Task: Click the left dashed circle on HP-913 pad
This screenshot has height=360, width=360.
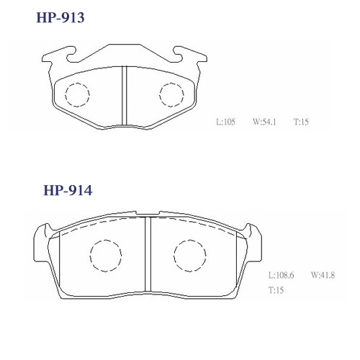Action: (x=77, y=95)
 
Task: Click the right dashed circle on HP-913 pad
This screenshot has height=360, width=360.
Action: (x=171, y=95)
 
